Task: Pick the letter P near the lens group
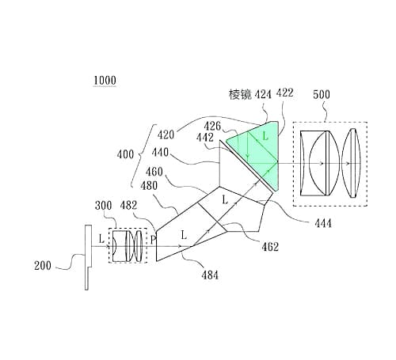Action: pos(153,237)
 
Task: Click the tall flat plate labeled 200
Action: pos(86,258)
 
